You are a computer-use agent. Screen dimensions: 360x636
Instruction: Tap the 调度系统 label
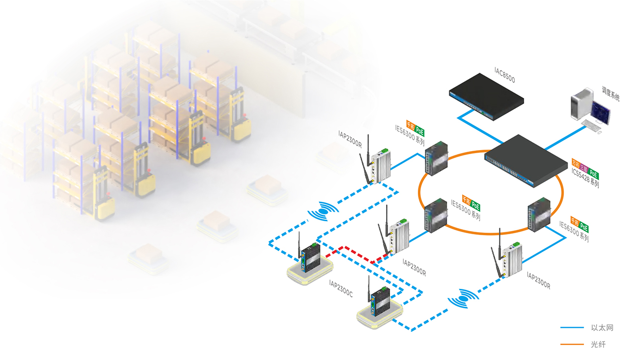coord(610,93)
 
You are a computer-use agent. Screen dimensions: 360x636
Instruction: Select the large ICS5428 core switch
coord(527,159)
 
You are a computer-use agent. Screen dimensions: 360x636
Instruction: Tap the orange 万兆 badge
coord(576,163)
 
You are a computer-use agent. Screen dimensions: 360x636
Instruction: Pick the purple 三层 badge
coord(584,168)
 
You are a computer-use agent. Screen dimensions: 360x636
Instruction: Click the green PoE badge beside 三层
coord(593,174)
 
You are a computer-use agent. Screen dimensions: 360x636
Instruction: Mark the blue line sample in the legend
coord(572,328)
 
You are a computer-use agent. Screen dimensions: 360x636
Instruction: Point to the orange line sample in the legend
coord(572,344)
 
